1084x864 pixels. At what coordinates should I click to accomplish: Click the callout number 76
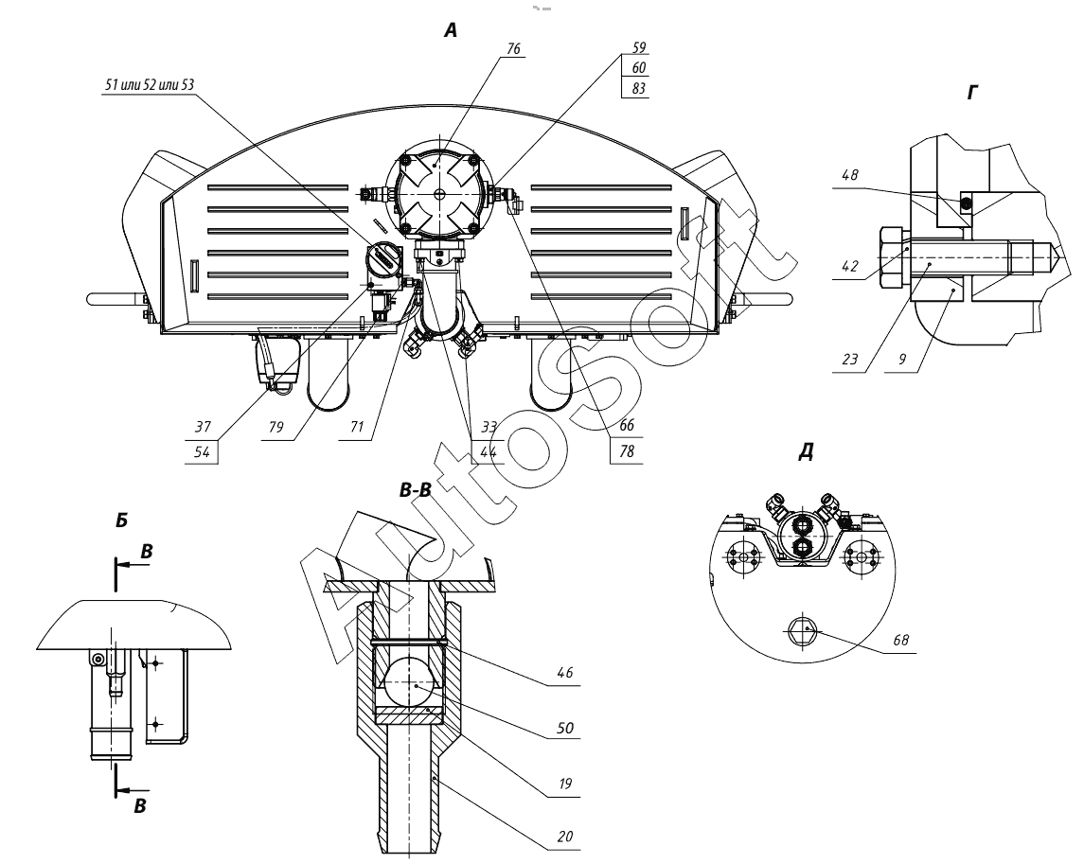tap(513, 49)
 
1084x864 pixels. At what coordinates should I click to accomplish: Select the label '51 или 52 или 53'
tap(149, 86)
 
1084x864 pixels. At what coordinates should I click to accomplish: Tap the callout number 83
tap(639, 88)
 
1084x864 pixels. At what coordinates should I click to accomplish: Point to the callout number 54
tap(202, 452)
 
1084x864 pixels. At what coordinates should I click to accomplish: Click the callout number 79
tap(275, 427)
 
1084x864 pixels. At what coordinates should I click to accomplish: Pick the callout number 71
tap(356, 427)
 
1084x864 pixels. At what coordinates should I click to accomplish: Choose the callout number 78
tap(627, 452)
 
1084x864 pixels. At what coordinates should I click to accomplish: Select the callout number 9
tap(903, 360)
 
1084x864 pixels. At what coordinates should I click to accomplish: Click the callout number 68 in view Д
tap(900, 640)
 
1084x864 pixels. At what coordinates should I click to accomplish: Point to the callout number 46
tap(565, 672)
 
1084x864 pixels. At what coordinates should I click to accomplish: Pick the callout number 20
tap(565, 837)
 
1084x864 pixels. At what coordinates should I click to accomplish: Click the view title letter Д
tap(806, 452)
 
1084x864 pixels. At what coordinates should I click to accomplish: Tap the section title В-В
tap(416, 490)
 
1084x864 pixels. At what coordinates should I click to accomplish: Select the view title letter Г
tap(973, 92)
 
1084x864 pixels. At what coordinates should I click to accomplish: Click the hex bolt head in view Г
tap(893, 257)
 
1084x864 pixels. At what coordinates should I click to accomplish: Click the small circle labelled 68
tap(802, 630)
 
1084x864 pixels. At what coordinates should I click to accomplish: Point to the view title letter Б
tap(122, 520)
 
